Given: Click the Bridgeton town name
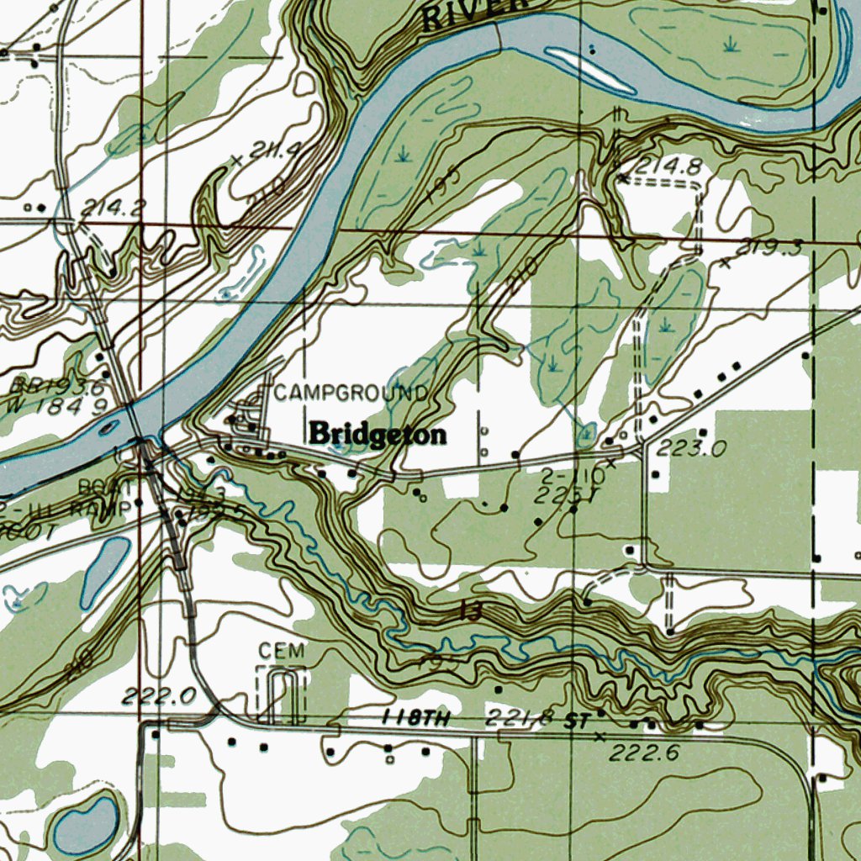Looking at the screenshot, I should coord(378,434).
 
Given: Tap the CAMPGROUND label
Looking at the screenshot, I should coord(351,393).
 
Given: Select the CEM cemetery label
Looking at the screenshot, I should coord(281,651).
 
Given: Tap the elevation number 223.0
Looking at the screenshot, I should coord(691,449).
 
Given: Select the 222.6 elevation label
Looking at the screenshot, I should coord(643,753).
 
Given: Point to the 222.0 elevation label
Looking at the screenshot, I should coord(158,695).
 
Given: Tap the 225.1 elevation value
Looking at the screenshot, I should coord(563,495).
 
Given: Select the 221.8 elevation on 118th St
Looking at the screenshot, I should coord(519,717).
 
